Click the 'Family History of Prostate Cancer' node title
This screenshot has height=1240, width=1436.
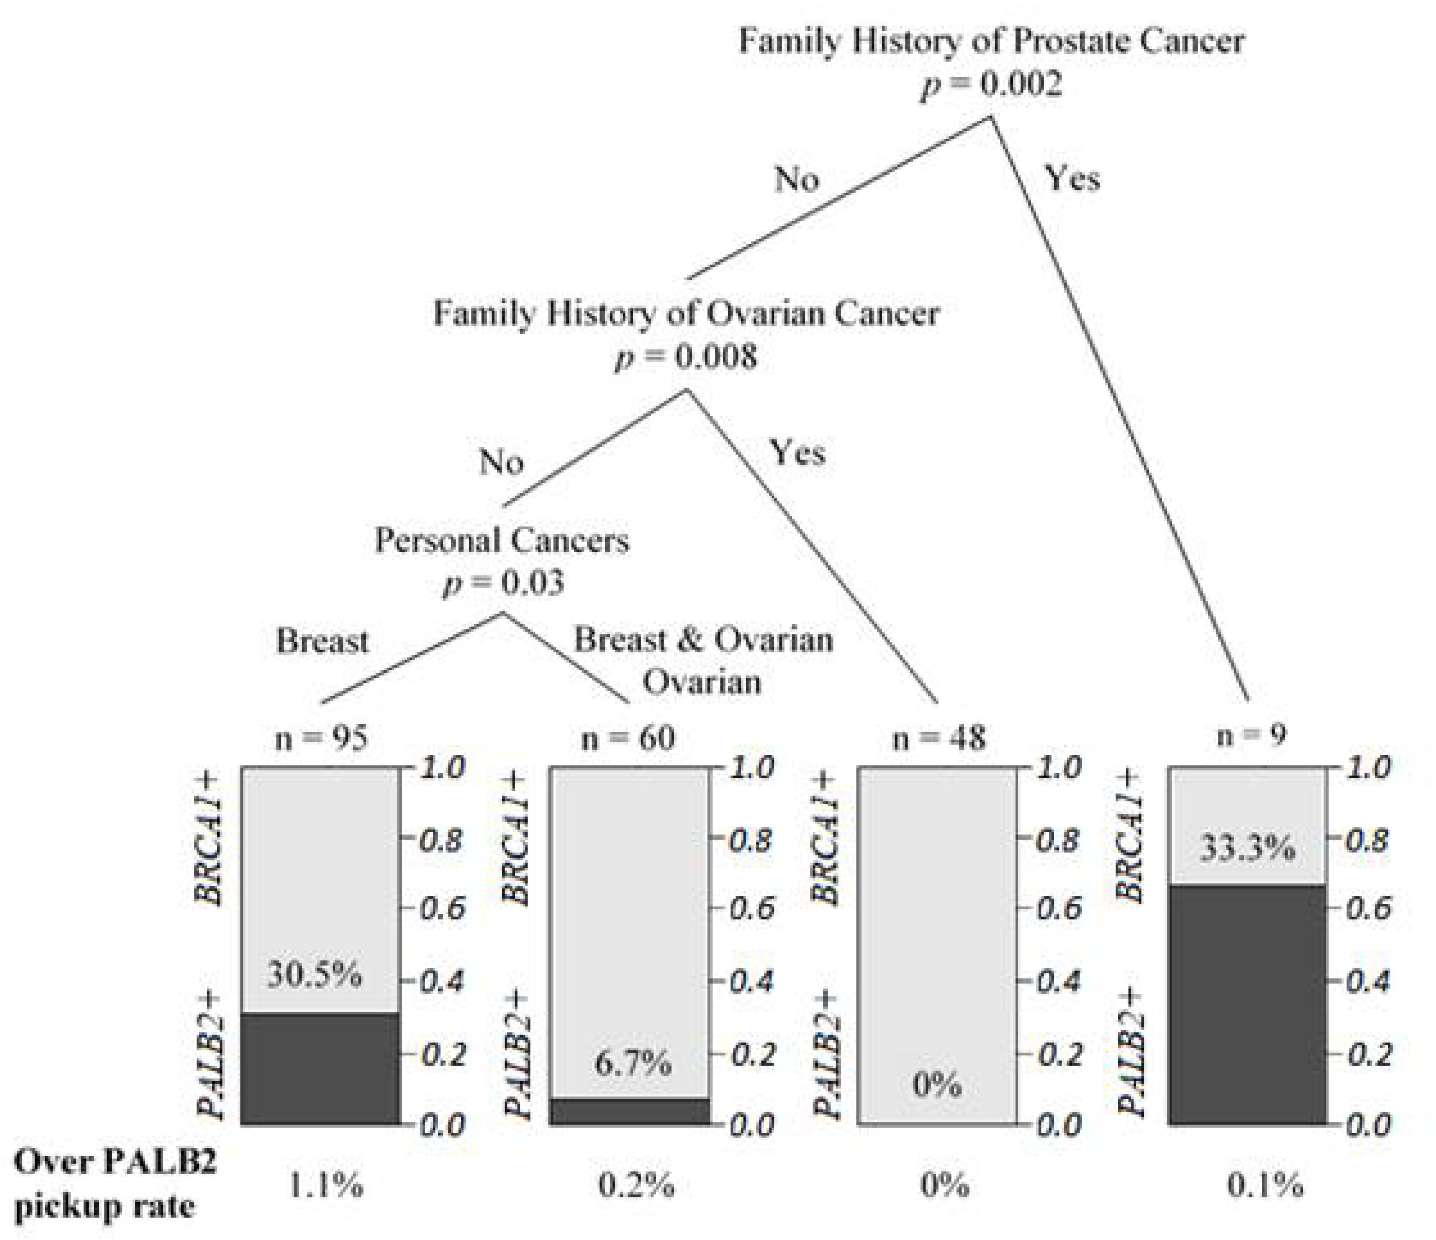(x=991, y=42)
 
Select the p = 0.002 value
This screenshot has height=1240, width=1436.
(x=991, y=85)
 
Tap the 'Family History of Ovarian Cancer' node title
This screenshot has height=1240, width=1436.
(x=686, y=313)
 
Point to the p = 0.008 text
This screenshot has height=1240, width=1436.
(x=686, y=358)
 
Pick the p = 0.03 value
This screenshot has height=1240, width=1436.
(x=503, y=583)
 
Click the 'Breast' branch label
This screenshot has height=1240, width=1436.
(x=322, y=641)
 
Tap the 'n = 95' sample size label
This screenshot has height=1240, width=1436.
(x=321, y=739)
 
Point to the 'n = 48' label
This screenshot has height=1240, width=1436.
(x=938, y=739)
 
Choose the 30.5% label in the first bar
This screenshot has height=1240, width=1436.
(x=316, y=975)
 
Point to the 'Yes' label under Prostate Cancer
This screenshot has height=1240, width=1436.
(x=1072, y=179)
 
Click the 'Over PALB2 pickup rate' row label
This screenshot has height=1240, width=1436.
(x=115, y=1185)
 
